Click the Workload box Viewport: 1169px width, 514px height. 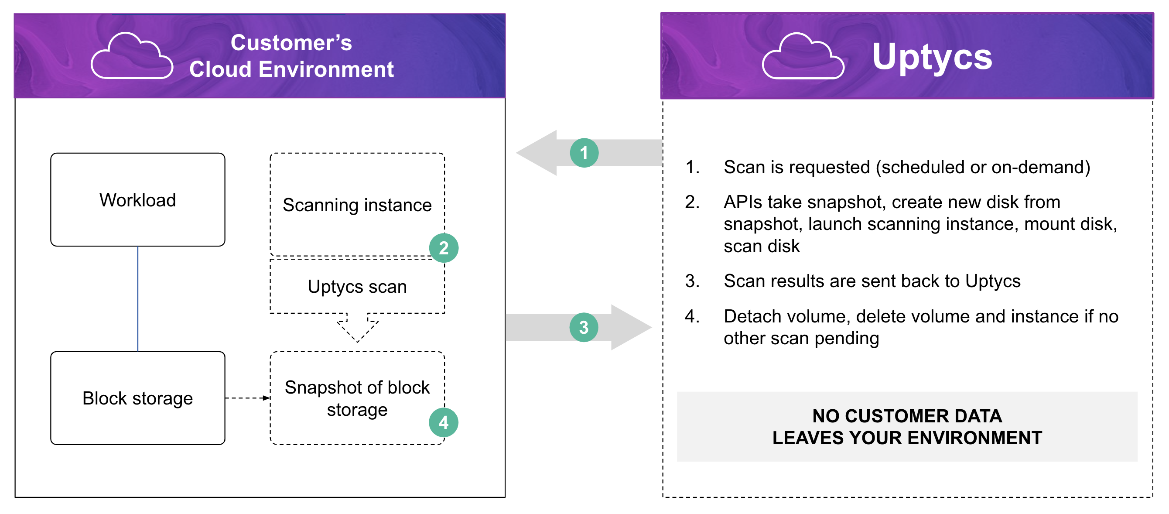pos(137,200)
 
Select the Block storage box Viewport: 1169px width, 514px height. pos(137,398)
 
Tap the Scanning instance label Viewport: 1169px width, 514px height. pos(357,205)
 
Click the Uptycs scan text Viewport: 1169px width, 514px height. pos(357,287)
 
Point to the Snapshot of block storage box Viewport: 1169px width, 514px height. pos(357,398)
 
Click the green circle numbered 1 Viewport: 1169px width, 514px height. pos(584,153)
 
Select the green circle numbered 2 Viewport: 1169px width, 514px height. pos(443,248)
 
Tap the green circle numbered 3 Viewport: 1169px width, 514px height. pos(584,327)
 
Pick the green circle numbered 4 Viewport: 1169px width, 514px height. pos(443,423)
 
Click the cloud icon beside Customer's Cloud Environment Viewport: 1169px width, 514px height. pos(132,57)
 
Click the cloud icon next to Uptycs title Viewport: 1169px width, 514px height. pos(802,57)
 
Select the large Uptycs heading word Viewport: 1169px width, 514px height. pos(932,57)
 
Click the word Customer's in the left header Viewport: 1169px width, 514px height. pos(291,43)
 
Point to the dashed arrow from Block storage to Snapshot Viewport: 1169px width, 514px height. pos(247,398)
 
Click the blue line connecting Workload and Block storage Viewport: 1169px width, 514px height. pos(137,299)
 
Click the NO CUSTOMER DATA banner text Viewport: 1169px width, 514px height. pos(907,426)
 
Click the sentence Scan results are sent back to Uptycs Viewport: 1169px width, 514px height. pos(872,281)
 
